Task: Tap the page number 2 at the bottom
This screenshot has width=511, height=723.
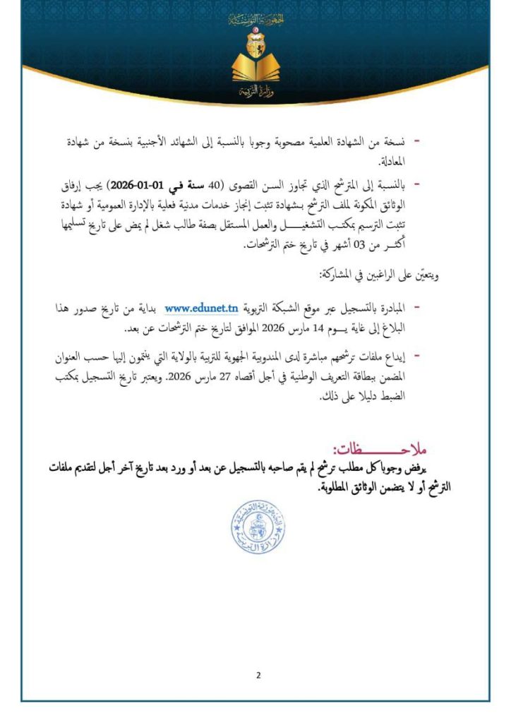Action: (258, 674)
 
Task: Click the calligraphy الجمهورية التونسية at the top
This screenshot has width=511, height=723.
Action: (255, 20)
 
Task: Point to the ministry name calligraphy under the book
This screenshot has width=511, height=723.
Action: (255, 93)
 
